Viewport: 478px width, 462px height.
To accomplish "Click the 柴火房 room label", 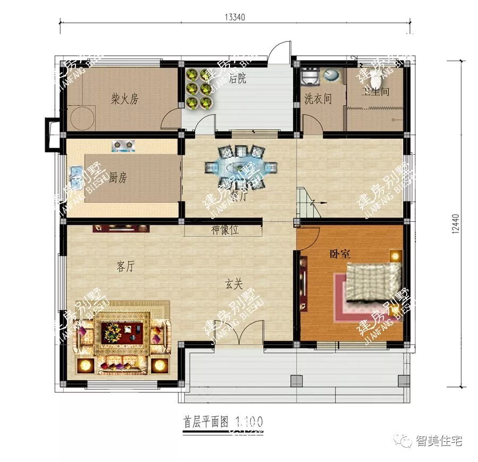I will [x=124, y=99].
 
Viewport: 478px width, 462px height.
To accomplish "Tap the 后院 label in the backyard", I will [x=237, y=80].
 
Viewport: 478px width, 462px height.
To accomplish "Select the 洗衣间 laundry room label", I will [x=318, y=99].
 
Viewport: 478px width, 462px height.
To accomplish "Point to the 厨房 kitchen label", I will [x=118, y=178].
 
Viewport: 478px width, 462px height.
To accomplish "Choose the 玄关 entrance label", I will [x=234, y=285].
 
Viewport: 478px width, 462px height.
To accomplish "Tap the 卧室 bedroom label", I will [x=339, y=254].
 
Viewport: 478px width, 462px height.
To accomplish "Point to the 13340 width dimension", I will [x=235, y=16].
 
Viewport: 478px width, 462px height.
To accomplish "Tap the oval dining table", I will [x=242, y=167].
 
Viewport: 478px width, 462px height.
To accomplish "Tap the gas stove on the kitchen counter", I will [x=123, y=145].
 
